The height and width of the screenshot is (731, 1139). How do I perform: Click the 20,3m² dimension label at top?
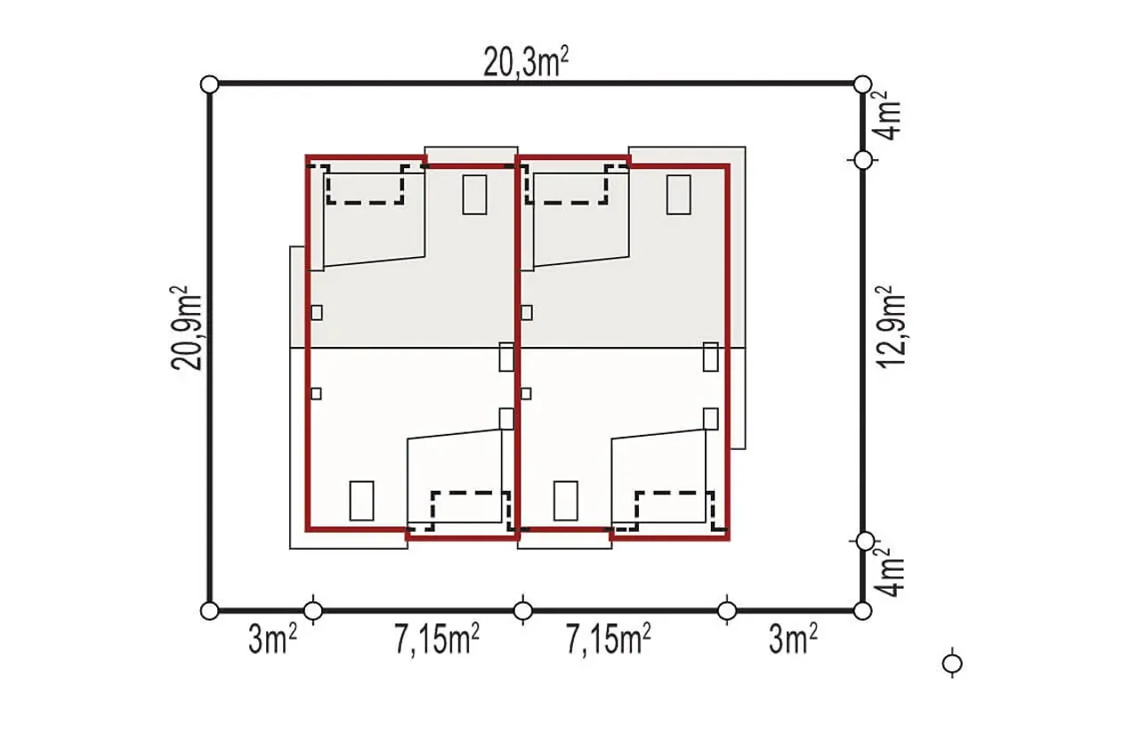click(526, 61)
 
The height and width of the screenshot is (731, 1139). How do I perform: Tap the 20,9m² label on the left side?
click(186, 328)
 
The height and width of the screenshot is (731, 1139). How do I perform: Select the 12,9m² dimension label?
click(891, 327)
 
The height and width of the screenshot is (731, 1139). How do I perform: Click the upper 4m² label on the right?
click(887, 116)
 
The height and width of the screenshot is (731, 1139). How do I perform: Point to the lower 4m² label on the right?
click(889, 572)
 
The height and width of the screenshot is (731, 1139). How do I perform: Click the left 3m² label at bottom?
click(272, 639)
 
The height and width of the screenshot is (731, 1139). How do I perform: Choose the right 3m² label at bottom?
click(793, 639)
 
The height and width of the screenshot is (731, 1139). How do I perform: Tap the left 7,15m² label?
click(437, 639)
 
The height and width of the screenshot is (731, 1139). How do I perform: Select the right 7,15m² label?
click(608, 639)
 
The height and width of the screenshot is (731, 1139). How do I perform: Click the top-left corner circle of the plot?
click(209, 84)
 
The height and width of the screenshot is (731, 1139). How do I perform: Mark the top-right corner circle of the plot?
click(862, 84)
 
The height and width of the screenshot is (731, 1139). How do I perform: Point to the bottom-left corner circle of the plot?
click(209, 611)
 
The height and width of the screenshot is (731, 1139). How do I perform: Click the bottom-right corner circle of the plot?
click(862, 611)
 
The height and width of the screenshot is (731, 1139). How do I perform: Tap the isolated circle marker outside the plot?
click(952, 664)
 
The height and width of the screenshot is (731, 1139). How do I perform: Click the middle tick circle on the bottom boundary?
click(523, 611)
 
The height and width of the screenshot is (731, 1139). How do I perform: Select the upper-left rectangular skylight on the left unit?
click(474, 195)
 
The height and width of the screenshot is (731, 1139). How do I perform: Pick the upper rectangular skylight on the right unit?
click(679, 195)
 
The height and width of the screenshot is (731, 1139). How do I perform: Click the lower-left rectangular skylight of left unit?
click(361, 501)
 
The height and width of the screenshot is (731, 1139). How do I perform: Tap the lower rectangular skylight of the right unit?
click(565, 501)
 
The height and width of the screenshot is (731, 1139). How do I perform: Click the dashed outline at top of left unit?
click(365, 203)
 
